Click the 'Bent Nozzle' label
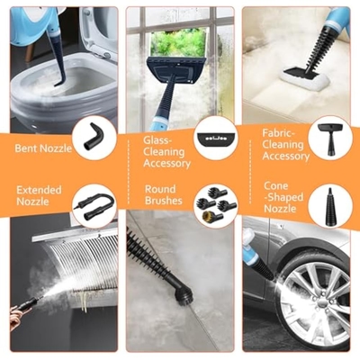tap(43, 148)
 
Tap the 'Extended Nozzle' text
tap(39, 195)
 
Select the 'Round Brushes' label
tap(164, 194)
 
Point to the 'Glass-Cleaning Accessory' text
tap(166, 152)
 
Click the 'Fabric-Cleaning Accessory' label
tap(285, 145)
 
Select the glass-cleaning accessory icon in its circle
tap(215, 139)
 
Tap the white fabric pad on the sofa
tap(303, 80)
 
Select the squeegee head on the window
tap(177, 69)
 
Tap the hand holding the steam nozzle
tap(18, 318)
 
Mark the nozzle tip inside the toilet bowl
tap(58, 85)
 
